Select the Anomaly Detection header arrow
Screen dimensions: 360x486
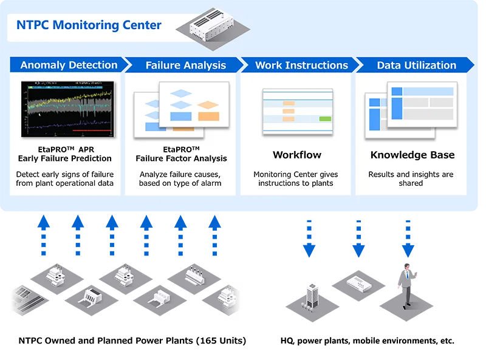[69, 65]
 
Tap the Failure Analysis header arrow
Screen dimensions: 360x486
[185, 66]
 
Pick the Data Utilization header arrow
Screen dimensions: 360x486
[416, 65]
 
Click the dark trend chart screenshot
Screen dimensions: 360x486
[66, 107]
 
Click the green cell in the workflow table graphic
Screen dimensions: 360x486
[325, 118]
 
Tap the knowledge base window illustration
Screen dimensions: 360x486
[411, 109]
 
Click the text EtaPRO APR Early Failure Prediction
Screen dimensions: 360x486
[65, 154]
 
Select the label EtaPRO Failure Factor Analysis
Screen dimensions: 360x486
[182, 154]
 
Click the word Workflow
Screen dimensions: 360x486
[296, 155]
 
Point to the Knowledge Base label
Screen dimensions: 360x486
[412, 155]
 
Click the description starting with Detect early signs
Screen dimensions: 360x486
[65, 178]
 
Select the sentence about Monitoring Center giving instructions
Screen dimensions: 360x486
[296, 178]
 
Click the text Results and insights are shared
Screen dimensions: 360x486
[411, 178]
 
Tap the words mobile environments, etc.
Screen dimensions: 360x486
[403, 341]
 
